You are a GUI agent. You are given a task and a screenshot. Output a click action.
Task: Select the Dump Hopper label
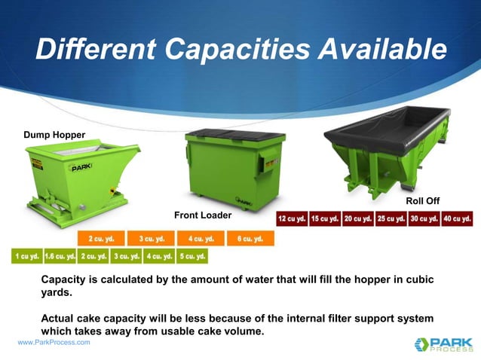click(54, 135)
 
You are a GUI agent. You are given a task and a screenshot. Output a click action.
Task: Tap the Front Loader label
click(203, 215)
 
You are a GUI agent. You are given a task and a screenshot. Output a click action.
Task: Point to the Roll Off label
click(422, 200)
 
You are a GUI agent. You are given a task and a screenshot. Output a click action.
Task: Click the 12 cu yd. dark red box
click(292, 218)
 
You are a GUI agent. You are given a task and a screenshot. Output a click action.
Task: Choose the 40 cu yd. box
click(457, 218)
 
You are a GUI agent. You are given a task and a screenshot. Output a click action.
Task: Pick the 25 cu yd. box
click(391, 218)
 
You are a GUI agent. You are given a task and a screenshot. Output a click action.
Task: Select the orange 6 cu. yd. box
click(250, 239)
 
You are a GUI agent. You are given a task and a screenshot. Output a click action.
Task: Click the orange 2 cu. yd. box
click(101, 239)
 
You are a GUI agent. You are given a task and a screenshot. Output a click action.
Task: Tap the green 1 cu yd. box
click(26, 256)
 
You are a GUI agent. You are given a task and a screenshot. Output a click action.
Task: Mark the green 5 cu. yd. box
click(192, 256)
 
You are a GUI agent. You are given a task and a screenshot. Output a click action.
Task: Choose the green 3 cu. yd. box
click(126, 256)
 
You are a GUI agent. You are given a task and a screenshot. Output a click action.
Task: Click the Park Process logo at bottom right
click(443, 343)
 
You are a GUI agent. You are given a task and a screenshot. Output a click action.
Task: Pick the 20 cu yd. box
click(357, 218)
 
